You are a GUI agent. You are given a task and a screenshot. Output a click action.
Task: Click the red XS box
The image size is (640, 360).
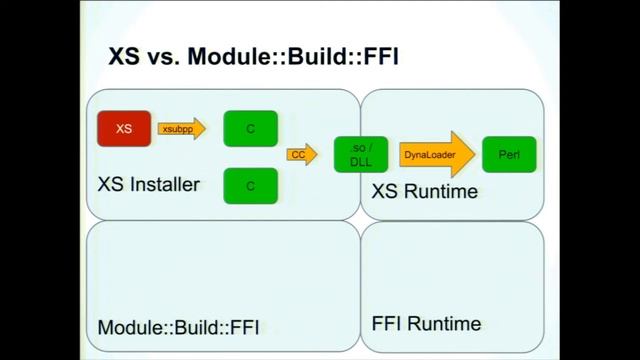123,128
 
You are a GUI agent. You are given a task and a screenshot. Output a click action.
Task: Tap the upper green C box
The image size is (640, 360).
250,128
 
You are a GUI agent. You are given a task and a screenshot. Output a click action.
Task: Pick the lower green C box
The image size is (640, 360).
250,185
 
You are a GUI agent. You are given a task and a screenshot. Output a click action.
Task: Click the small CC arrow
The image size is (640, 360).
299,155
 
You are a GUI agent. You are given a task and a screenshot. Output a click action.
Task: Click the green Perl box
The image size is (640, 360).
509,154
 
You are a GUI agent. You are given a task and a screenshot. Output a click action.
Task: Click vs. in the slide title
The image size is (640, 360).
161,58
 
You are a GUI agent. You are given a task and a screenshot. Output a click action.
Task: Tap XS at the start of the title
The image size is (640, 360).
125,58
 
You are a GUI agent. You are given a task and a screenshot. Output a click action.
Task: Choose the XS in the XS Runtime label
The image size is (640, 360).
385,191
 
